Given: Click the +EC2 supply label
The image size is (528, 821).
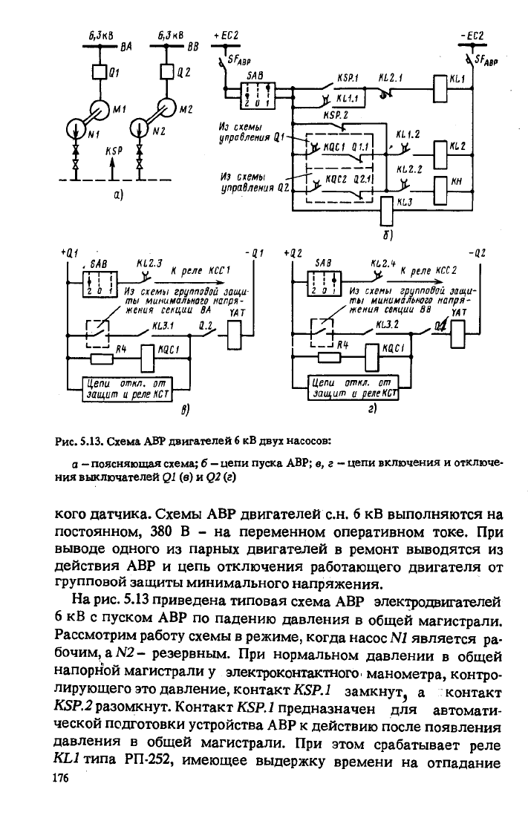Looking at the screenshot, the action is tap(226, 36).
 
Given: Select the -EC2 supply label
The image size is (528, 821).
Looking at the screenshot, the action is tap(471, 36).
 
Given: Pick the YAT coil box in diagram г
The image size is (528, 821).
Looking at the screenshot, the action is tap(457, 334).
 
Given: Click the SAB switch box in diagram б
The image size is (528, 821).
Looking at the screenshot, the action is tap(258, 95).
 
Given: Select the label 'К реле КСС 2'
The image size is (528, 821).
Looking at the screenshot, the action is tap(428, 271).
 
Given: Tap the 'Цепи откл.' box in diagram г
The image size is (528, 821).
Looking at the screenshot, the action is tap(353, 388).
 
